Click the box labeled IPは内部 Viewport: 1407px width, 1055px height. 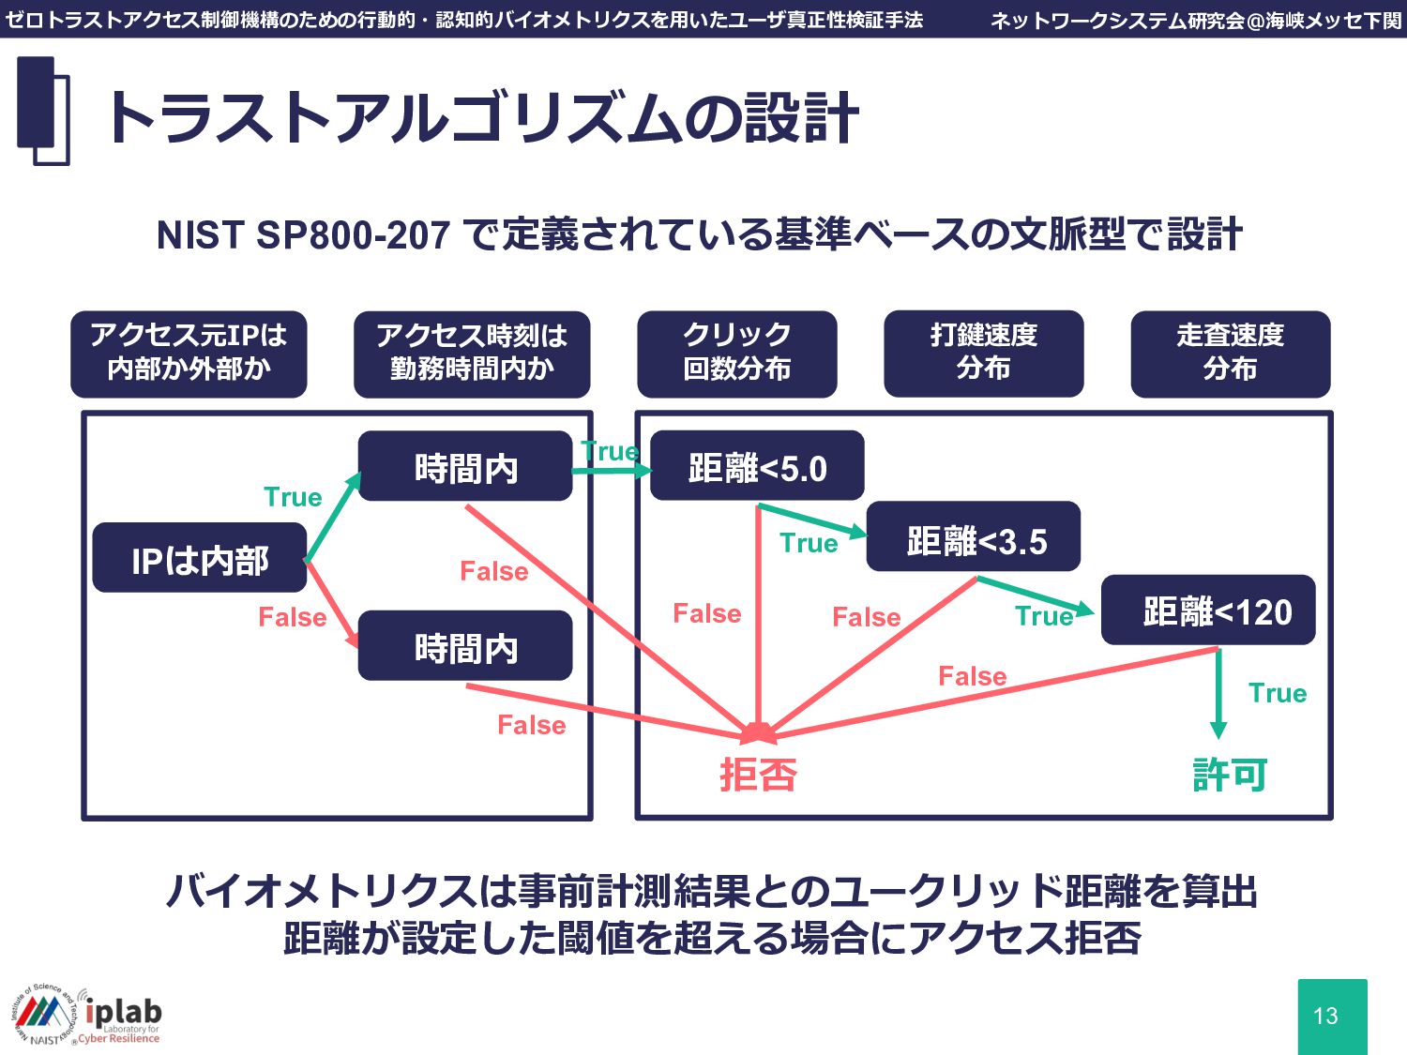(200, 558)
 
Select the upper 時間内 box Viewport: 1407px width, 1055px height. (465, 466)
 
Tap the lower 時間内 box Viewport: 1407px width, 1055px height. (465, 646)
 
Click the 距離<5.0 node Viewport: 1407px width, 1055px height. (757, 466)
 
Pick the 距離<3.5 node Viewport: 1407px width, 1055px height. (974, 537)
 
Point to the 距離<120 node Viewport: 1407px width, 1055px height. (1208, 610)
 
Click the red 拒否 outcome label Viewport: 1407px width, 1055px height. (758, 775)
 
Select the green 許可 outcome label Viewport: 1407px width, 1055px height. (1230, 775)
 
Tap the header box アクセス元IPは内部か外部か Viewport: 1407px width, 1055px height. (189, 354)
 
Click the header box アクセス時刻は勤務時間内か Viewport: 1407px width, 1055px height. (472, 354)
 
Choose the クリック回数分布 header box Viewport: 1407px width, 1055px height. (737, 354)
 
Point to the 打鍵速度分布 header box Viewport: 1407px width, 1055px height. (984, 354)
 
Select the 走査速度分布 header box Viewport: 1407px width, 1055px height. (1231, 354)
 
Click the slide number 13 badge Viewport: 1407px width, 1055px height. (1332, 1016)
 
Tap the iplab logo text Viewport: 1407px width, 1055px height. (124, 1012)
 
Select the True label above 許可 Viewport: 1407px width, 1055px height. (1278, 693)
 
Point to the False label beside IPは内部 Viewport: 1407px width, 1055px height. (293, 617)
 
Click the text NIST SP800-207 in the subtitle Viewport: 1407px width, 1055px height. (303, 234)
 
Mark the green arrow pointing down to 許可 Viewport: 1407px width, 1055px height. (1218, 694)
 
